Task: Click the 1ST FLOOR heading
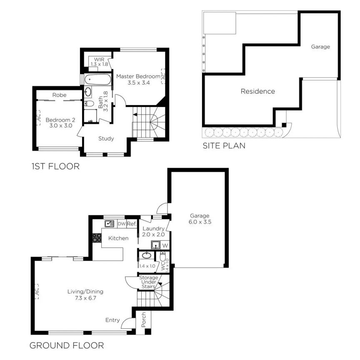[55, 167]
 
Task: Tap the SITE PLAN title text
[224, 146]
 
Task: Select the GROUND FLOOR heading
[67, 345]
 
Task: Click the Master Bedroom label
[138, 80]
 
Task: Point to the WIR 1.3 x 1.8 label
[100, 62]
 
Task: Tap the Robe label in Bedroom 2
[59, 95]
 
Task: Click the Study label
[106, 139]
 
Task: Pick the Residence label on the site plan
[257, 91]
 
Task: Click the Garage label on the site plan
[320, 47]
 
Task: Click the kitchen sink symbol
[110, 224]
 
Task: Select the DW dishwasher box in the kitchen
[122, 224]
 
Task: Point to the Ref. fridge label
[132, 224]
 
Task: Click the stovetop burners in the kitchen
[97, 238]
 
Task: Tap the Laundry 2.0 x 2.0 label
[154, 232]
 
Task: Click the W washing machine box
[164, 245]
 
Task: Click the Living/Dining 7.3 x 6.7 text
[85, 295]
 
